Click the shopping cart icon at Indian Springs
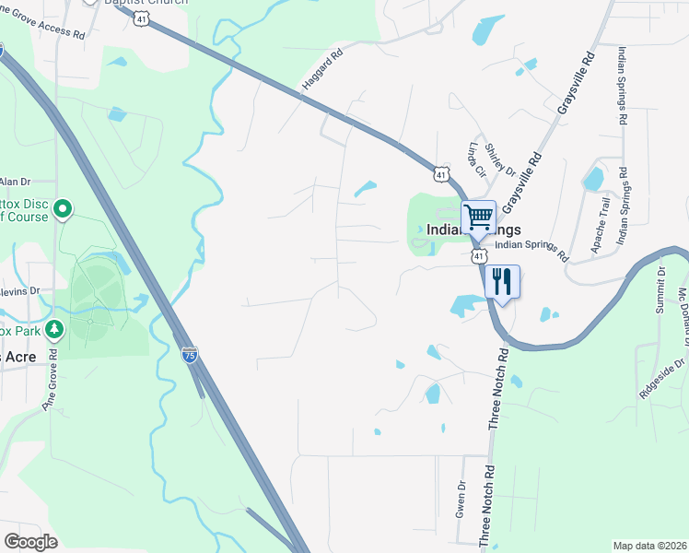pyautogui.click(x=478, y=218)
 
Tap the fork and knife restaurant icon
pyautogui.click(x=502, y=281)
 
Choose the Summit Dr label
pyautogui.click(x=660, y=291)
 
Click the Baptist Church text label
pyautogui.click(x=148, y=2)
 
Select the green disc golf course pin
pyautogui.click(x=63, y=211)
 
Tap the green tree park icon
pyautogui.click(x=55, y=328)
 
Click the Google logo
pyautogui.click(x=30, y=542)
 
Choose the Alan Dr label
pyautogui.click(x=16, y=182)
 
